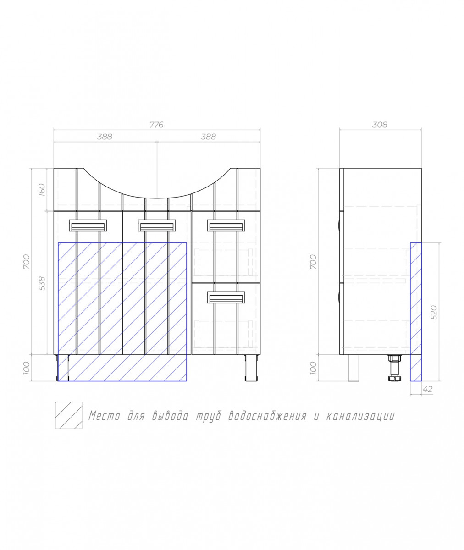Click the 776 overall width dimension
click(x=156, y=125)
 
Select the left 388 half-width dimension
click(x=105, y=137)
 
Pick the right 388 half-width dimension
click(x=209, y=137)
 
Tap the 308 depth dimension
click(x=380, y=125)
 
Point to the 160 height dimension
click(x=42, y=190)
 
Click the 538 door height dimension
click(x=42, y=283)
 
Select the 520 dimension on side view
click(x=434, y=313)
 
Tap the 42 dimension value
click(x=427, y=389)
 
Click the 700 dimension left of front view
click(x=27, y=262)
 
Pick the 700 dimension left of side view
click(x=313, y=262)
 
